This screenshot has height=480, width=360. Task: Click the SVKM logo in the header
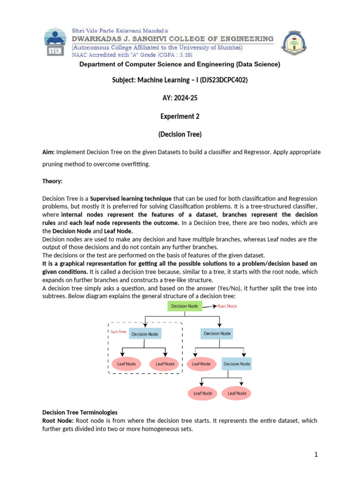click(x=56, y=42)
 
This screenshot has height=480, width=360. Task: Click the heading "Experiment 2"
click(x=180, y=116)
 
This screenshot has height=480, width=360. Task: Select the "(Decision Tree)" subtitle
click(x=180, y=135)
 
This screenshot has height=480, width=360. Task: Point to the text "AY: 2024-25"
click(x=180, y=98)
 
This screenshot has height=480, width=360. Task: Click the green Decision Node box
click(x=185, y=306)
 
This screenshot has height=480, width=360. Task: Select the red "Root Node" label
click(x=227, y=306)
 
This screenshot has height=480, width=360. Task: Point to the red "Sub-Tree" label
click(x=118, y=331)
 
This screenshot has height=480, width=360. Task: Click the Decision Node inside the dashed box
click(x=145, y=334)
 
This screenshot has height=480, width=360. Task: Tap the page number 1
click(x=316, y=454)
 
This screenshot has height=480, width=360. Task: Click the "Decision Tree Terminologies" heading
click(x=80, y=412)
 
